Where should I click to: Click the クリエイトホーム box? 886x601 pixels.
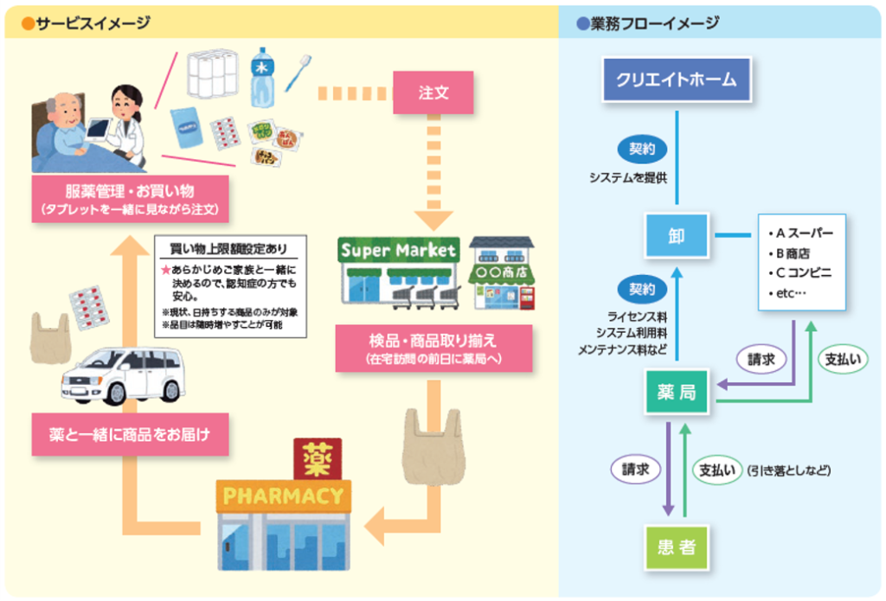tap(676, 80)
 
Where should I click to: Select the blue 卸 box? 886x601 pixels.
tap(676, 234)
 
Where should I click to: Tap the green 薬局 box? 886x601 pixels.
tap(676, 393)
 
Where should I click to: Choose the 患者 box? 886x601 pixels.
tap(676, 547)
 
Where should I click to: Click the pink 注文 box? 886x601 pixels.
tap(433, 92)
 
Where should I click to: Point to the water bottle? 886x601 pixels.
tap(262, 76)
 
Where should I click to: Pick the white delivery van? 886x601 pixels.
tap(123, 374)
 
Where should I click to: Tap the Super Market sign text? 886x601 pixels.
tap(398, 251)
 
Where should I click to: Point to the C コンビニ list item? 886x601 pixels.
tap(799, 273)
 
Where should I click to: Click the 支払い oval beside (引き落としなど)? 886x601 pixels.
tap(718, 470)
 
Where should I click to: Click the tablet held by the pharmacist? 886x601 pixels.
tap(97, 129)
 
